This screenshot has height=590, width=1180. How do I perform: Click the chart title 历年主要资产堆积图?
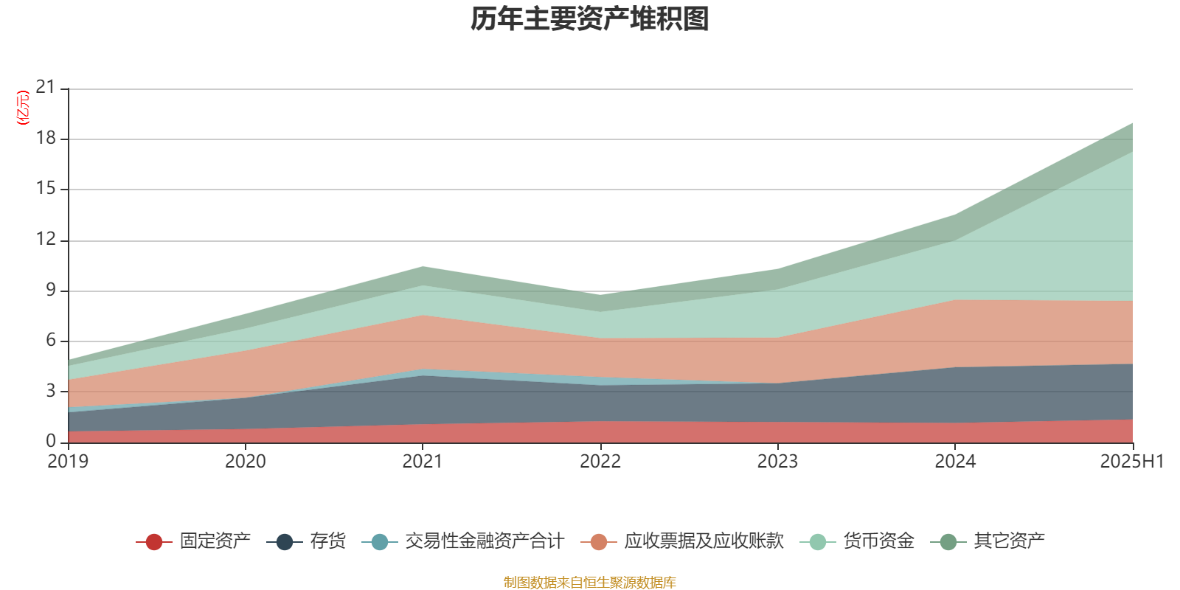[x=590, y=19]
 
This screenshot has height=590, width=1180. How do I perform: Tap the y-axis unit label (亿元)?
[x=23, y=108]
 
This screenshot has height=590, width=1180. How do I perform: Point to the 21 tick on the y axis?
[x=46, y=88]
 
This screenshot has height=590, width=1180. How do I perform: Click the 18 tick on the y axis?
[x=46, y=138]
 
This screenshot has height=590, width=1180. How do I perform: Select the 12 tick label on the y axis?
[x=46, y=239]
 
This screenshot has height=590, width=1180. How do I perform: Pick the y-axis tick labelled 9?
[x=51, y=290]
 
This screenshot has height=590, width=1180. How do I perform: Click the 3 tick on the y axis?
[x=51, y=390]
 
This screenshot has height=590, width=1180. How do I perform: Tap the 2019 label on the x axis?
[x=68, y=462]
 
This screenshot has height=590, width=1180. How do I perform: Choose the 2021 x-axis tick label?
[x=422, y=462]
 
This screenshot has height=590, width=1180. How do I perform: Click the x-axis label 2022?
[x=600, y=462]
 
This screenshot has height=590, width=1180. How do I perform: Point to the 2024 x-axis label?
[x=955, y=462]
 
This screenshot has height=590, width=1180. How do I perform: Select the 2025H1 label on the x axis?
[x=1131, y=462]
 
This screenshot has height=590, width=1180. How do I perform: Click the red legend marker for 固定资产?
[x=154, y=542]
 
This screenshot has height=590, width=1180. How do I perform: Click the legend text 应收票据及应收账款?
[x=703, y=541]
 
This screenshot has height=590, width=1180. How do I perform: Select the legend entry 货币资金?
[x=878, y=541]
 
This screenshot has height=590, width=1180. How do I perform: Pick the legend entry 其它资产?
[x=1008, y=541]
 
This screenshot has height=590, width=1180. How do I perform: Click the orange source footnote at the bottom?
[x=590, y=583]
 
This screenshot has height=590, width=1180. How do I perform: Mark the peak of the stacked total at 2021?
[x=423, y=266]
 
